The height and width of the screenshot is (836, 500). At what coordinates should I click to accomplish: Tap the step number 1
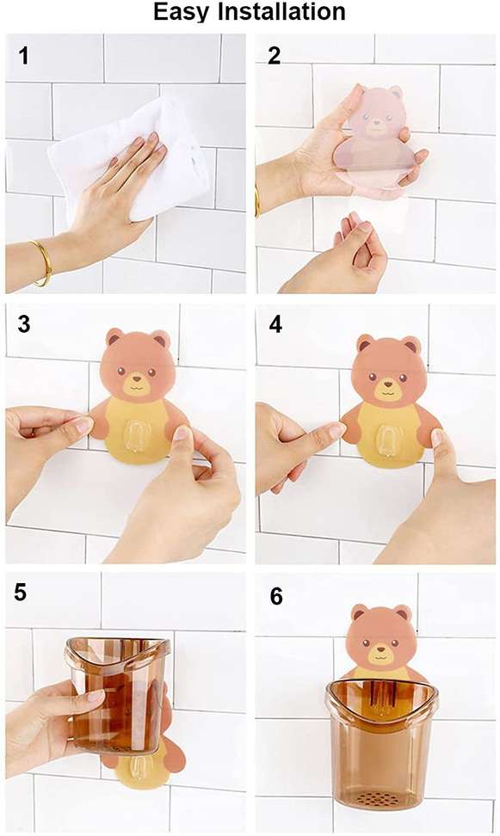pos(23,56)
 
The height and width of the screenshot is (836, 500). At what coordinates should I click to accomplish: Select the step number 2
pos(275,56)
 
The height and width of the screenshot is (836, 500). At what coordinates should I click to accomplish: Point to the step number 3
pos(23,324)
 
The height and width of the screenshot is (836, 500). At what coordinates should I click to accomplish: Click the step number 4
pos(275,324)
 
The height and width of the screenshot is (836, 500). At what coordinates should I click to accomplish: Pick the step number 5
pos(21,593)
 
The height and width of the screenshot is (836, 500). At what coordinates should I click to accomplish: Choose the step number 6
pos(276,597)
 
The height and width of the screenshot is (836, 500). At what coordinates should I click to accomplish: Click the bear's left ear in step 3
pos(114,337)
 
